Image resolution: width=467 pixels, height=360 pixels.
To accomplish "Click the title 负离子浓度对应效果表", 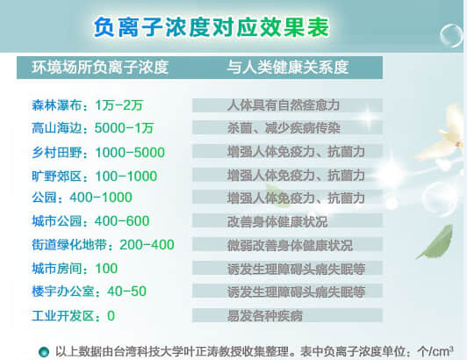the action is (x=212, y=27).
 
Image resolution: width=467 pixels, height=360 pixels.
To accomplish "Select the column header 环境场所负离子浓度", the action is (x=100, y=68).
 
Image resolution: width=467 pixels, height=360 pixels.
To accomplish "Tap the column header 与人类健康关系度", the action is (x=287, y=68).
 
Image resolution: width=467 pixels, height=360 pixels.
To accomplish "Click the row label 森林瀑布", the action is (x=56, y=105).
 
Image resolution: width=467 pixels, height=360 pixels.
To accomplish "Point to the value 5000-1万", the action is (x=124, y=128).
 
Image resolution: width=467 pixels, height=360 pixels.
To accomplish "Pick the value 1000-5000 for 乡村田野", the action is (x=130, y=152).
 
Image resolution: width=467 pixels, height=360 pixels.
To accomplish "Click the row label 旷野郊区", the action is (x=56, y=176).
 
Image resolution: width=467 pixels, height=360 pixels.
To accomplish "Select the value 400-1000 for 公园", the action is (x=101, y=198).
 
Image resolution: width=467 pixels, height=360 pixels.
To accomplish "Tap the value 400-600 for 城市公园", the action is (x=122, y=220).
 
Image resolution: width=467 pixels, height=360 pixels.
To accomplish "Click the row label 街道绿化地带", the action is (x=68, y=245).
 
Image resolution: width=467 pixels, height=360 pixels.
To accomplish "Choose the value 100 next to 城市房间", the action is (x=106, y=268).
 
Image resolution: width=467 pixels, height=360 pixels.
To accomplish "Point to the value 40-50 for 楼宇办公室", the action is (x=127, y=292).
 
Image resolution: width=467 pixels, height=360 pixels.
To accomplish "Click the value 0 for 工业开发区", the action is (x=111, y=315).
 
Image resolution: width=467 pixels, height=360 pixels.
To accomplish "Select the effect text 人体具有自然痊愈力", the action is (x=284, y=105).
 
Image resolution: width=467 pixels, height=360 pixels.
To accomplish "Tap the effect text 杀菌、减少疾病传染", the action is (x=284, y=128).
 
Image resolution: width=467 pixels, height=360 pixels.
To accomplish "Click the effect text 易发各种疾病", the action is (x=265, y=315).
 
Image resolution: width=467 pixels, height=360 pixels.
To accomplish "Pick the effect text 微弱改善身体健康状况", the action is (x=290, y=245).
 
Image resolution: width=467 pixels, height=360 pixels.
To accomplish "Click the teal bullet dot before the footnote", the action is (x=44, y=351).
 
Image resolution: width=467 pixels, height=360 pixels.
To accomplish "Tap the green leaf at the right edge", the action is (x=437, y=241).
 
